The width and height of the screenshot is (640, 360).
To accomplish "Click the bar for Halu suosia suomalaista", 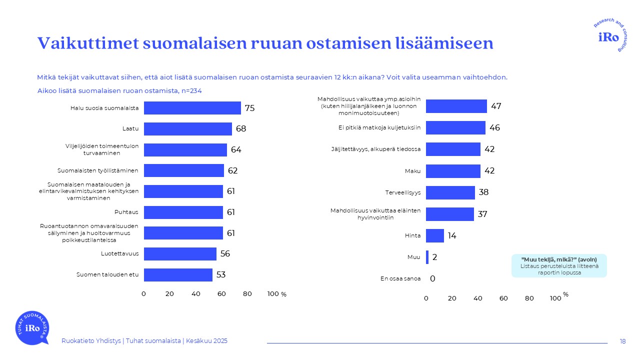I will click(192, 108).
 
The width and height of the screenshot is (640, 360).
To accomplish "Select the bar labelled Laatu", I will click(188, 129).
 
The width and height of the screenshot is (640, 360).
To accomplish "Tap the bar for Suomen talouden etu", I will click(178, 275).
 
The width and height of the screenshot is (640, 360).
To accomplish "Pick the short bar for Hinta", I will click(435, 235).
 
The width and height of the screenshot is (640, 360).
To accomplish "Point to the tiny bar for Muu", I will click(427, 257).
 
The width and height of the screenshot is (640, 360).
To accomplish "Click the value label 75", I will click(250, 108).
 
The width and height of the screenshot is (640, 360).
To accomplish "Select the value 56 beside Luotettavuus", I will click(225, 254).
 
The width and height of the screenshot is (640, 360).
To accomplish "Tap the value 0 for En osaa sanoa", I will click(432, 278).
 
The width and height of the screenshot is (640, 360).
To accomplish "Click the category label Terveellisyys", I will click(402, 192).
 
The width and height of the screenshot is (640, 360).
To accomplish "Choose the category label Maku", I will click(412, 171).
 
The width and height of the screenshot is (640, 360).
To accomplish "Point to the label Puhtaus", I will click(127, 212).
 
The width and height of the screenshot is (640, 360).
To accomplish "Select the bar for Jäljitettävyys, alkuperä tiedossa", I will click(453, 149).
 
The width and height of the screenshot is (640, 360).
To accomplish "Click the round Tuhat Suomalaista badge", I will click(32, 327).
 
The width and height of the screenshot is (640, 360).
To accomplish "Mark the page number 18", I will click(622, 341).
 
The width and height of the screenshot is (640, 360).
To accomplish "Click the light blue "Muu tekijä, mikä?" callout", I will click(558, 265).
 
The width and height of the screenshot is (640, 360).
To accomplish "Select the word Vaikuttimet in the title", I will click(87, 43).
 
